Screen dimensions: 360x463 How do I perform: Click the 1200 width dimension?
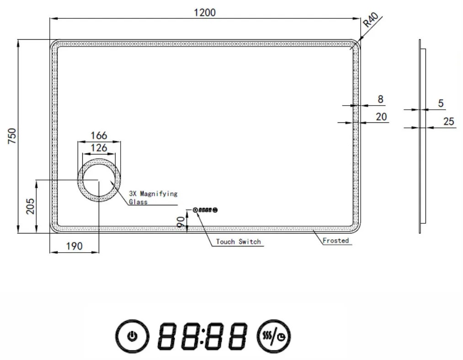(x=204, y=12)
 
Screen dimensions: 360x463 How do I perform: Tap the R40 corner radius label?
(x=371, y=21)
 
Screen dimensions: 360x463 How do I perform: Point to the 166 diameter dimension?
(x=99, y=136)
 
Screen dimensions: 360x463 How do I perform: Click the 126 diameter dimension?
(x=99, y=148)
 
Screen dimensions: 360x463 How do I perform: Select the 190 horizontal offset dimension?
(x=74, y=246)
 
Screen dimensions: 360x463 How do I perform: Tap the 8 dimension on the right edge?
(x=380, y=99)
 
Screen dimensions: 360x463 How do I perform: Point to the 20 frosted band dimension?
(x=381, y=116)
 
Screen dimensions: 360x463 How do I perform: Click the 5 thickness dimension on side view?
(x=440, y=103)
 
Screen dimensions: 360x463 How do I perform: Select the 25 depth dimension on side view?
(x=448, y=122)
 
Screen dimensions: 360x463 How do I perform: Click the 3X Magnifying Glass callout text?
(x=153, y=197)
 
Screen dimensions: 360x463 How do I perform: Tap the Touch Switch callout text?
(x=238, y=241)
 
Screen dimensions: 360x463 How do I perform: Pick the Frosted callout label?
(x=335, y=240)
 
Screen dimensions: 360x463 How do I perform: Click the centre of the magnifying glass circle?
(x=99, y=180)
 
